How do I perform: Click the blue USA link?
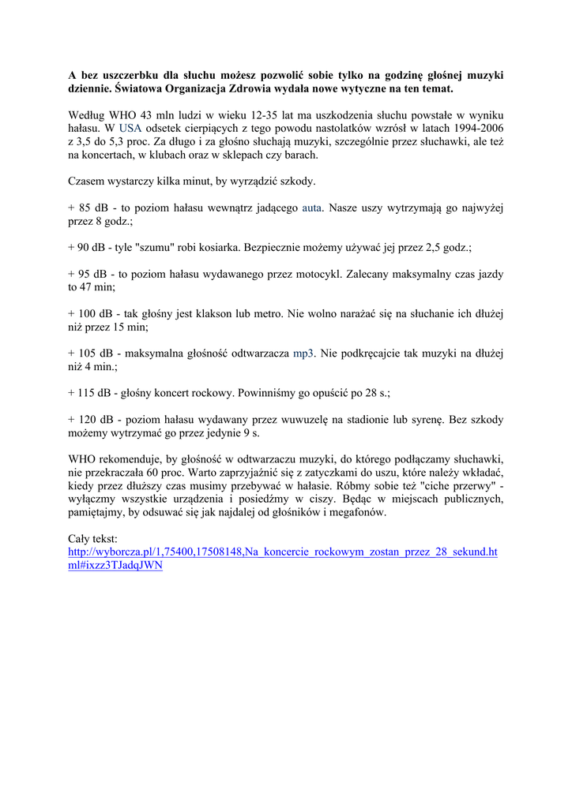pyautogui.click(x=130, y=128)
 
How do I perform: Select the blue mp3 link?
pyautogui.click(x=303, y=353)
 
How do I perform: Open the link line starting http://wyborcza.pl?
pyautogui.click(x=283, y=552)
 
